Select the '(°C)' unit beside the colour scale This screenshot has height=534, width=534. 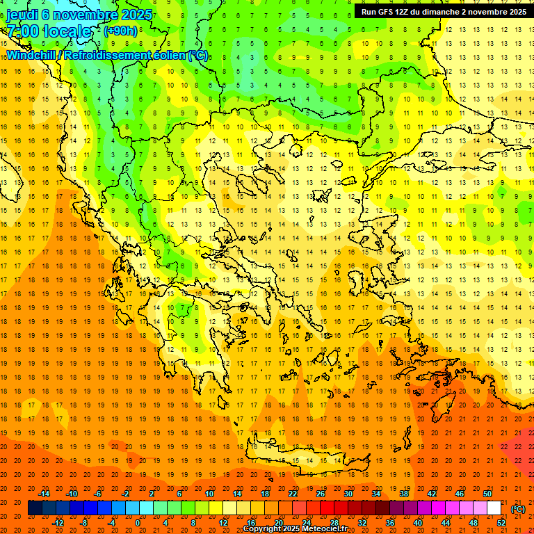click(x=518, y=509)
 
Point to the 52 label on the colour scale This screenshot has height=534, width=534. click(x=501, y=523)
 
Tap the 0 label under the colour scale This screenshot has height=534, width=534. click(x=138, y=523)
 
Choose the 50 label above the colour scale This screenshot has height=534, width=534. click(x=487, y=494)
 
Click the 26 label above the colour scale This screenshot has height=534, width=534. click(x=321, y=494)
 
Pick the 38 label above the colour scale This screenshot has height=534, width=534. click(x=404, y=494)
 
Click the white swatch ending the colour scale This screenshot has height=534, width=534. click(x=494, y=508)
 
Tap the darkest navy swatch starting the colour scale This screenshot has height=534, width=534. click(x=35, y=508)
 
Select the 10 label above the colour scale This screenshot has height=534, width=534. click(x=209, y=494)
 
